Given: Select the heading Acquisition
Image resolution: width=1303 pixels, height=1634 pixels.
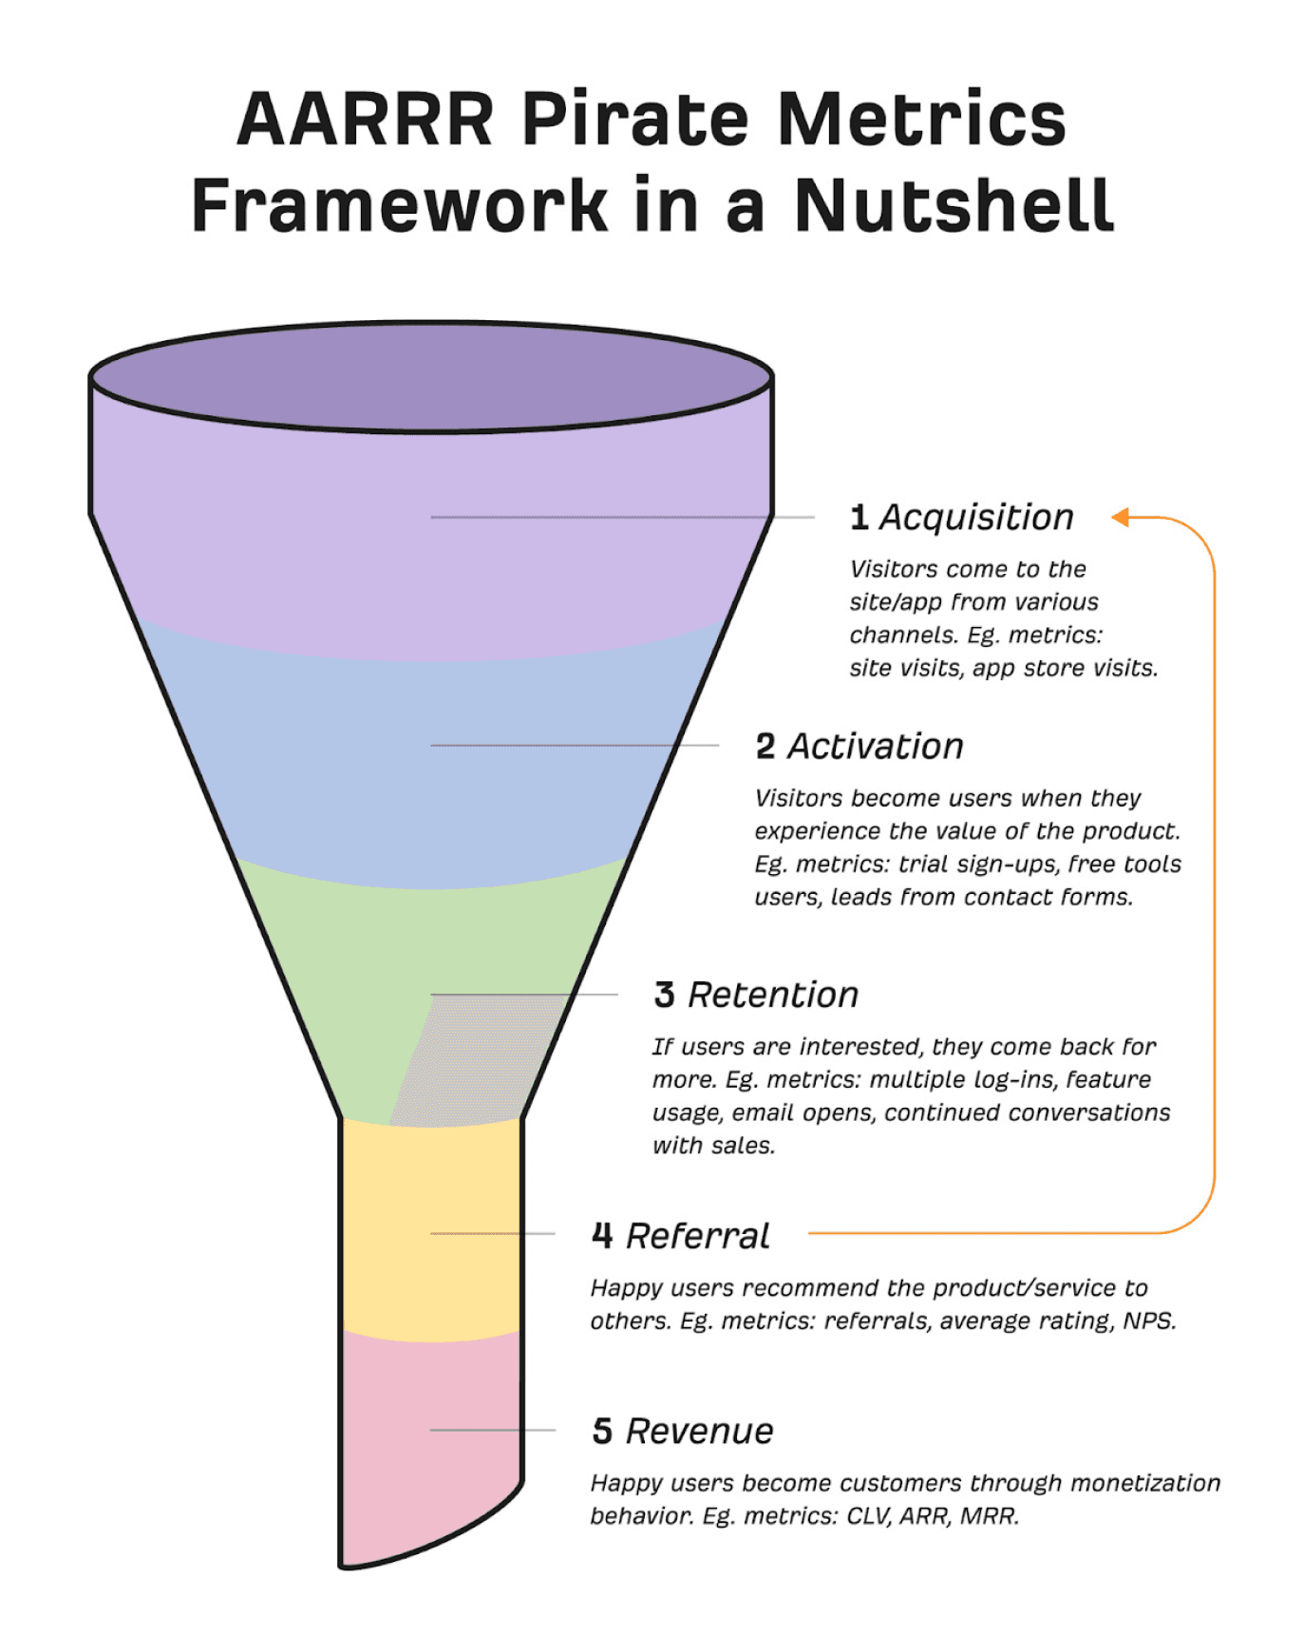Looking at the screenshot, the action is pos(976,518).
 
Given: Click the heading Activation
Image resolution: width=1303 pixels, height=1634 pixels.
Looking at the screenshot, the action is pos(875,747).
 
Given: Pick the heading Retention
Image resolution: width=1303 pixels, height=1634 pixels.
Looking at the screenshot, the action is pos(773,995).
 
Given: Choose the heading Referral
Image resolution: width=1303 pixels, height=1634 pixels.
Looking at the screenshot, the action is pos(698,1236).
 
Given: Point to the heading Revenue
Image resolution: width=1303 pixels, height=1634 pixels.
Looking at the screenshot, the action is pos(700,1431).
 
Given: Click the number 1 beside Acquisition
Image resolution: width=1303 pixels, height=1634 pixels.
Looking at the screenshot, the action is pos(859,518).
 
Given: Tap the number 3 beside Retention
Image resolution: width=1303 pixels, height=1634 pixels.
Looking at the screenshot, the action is pos(664,995).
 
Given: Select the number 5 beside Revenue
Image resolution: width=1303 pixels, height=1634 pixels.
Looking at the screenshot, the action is pos(602,1431).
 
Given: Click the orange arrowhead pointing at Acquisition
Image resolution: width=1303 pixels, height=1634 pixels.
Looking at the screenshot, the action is pos(1121,517).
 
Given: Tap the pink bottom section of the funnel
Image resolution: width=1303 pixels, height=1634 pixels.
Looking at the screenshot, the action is pos(429,1444).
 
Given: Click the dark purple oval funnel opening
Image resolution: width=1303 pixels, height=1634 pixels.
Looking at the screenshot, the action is pos(430,377).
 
